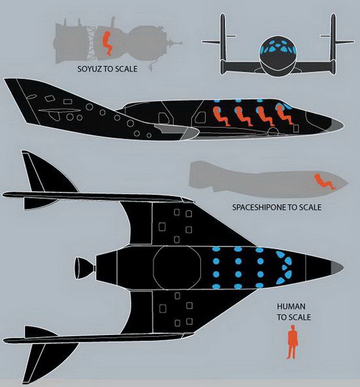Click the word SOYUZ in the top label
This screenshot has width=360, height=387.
87,68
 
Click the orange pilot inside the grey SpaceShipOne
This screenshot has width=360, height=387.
325,181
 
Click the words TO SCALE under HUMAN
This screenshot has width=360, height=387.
294,318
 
